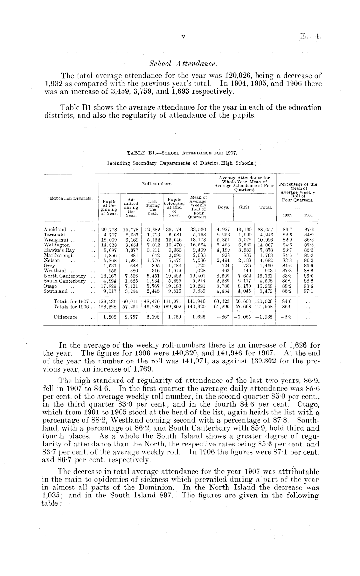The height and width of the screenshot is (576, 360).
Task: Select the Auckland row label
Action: tap(55, 230)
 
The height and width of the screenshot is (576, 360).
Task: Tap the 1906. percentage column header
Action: tap(308, 214)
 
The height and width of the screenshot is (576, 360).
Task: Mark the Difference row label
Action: tap(66, 317)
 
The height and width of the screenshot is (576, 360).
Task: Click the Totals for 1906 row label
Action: tap(71, 307)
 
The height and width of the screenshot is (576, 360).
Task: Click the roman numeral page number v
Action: tap(183, 37)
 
